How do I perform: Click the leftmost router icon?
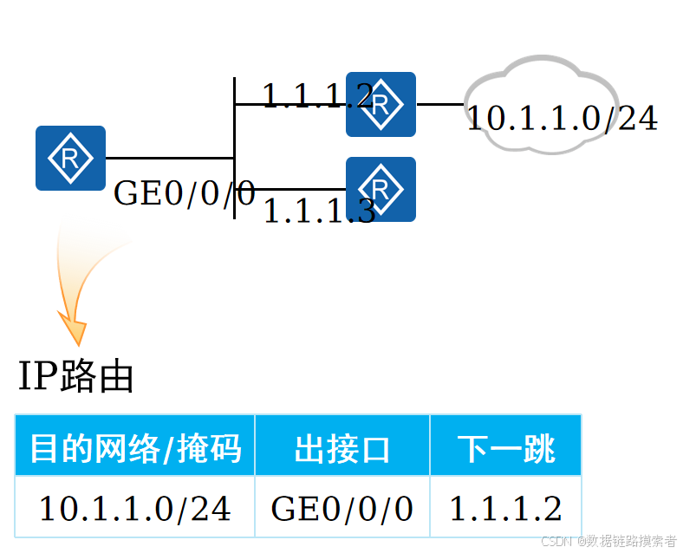[x=70, y=158]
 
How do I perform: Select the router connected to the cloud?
[x=381, y=104]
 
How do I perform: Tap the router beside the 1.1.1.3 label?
[x=381, y=189]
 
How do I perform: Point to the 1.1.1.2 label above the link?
[x=316, y=95]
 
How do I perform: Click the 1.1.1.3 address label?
[x=318, y=211]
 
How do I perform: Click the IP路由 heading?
[x=76, y=377]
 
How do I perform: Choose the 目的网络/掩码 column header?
[x=135, y=447]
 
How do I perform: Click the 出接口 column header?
[x=342, y=447]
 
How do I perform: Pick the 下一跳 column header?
[x=505, y=447]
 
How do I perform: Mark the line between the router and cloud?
[x=439, y=104]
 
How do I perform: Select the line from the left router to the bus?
[x=169, y=158]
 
